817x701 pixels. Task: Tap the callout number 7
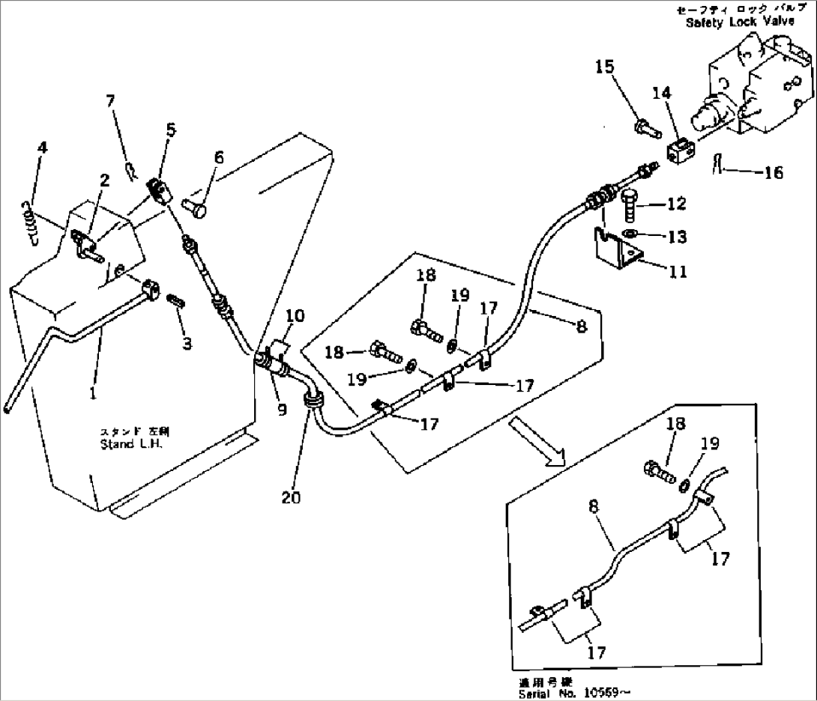pyautogui.click(x=111, y=100)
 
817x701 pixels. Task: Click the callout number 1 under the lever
pyautogui.click(x=93, y=392)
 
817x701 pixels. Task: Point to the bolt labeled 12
pyautogui.click(x=628, y=203)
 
